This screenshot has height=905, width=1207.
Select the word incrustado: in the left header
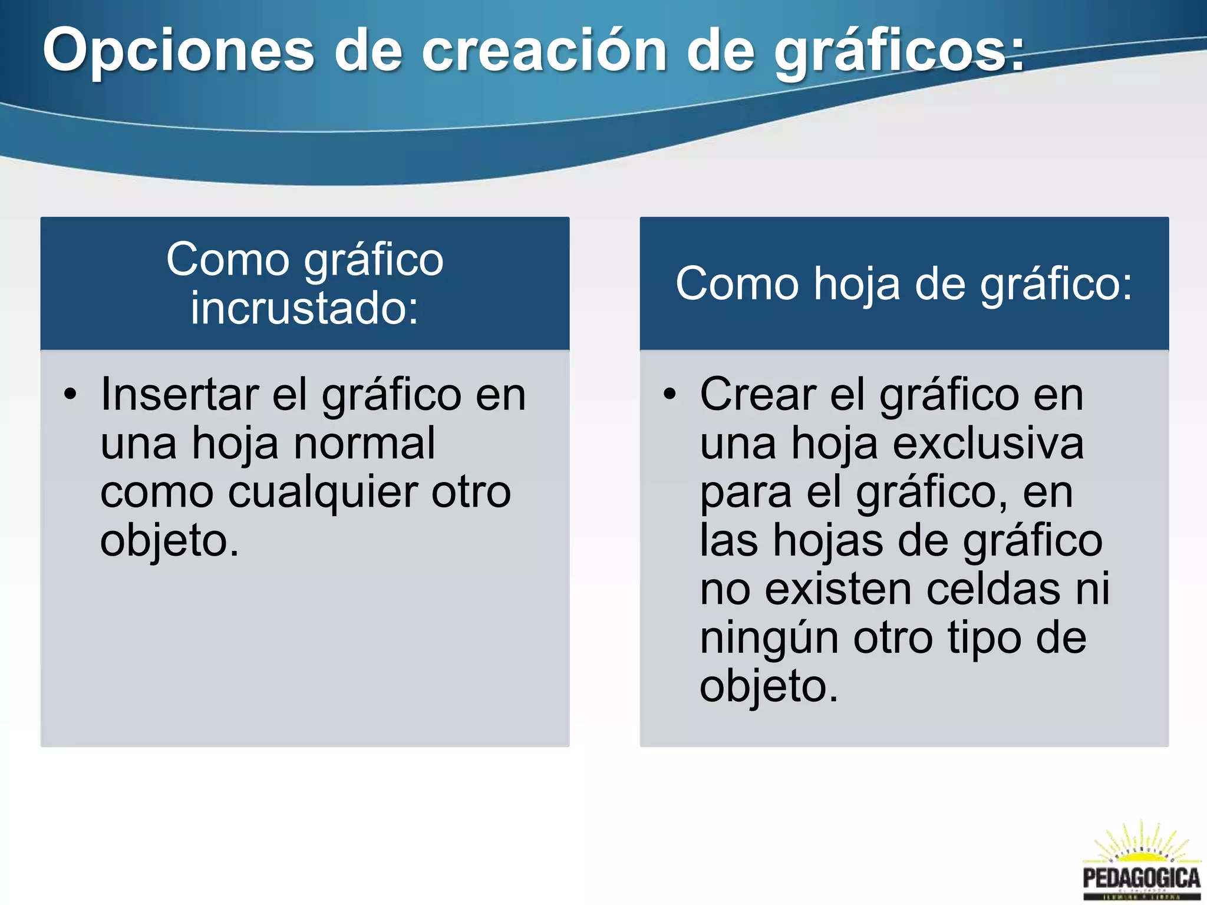click(x=304, y=308)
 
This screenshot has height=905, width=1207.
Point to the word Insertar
click(x=180, y=394)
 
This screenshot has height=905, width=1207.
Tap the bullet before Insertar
click(x=71, y=394)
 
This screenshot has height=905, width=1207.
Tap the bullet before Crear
click(x=670, y=394)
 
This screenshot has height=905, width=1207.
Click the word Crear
click(x=758, y=394)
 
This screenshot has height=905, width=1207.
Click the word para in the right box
click(x=746, y=492)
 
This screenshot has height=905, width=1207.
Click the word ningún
click(x=769, y=638)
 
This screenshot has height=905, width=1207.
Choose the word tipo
click(x=984, y=638)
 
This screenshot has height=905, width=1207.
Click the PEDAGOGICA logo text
click(x=1141, y=878)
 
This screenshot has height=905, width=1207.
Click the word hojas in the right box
click(x=828, y=540)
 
